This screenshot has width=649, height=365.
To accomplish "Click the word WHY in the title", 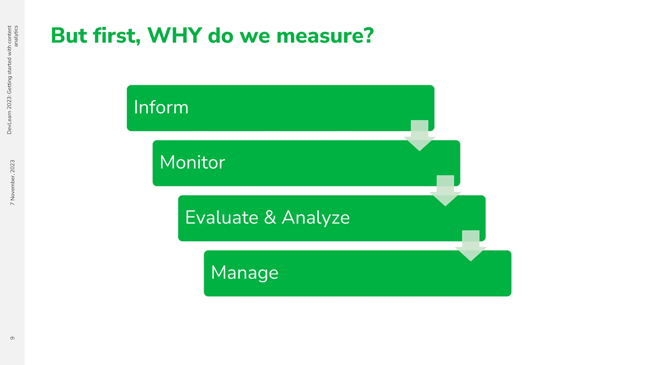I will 175,35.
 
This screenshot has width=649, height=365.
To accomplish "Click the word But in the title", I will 69,35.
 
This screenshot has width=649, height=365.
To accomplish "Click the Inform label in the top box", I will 161,107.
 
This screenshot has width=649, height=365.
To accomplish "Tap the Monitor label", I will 192,163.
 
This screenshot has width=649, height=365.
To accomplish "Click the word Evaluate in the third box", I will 222,218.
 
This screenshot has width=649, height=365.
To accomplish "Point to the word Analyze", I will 316,218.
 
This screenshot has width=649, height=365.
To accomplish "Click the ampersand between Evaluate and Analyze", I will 270,218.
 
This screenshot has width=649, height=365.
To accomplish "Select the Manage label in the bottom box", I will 245,273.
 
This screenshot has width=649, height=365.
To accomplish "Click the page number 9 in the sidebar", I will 12,338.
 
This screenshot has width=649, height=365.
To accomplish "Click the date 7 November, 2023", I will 12,182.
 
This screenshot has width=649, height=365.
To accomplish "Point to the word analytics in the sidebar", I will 16,36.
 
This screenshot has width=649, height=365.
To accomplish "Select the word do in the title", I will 221,35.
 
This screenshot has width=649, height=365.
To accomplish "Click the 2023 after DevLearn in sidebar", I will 9,102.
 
